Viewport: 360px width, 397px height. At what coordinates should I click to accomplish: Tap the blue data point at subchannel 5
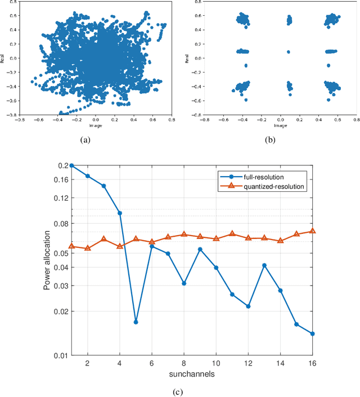click(x=136, y=322)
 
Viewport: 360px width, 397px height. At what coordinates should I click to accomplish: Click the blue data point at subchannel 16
click(x=313, y=333)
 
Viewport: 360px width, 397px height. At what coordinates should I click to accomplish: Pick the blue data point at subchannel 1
click(x=71, y=165)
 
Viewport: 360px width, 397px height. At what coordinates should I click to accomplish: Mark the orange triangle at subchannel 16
click(x=313, y=231)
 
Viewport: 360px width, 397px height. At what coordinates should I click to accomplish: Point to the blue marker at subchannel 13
click(x=264, y=265)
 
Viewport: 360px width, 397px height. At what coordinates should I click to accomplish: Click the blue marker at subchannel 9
click(x=200, y=249)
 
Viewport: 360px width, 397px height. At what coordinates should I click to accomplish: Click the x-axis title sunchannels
click(x=192, y=374)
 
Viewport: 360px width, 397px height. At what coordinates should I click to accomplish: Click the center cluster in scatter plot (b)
click(x=289, y=52)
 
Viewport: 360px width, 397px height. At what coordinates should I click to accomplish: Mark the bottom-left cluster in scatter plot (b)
click(x=243, y=87)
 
